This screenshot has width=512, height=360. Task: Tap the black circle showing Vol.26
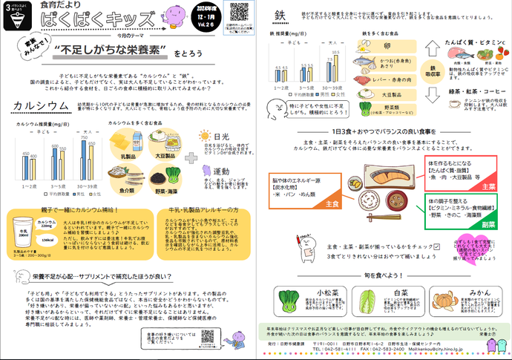[203, 22]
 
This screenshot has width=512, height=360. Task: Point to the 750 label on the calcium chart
[84, 137]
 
